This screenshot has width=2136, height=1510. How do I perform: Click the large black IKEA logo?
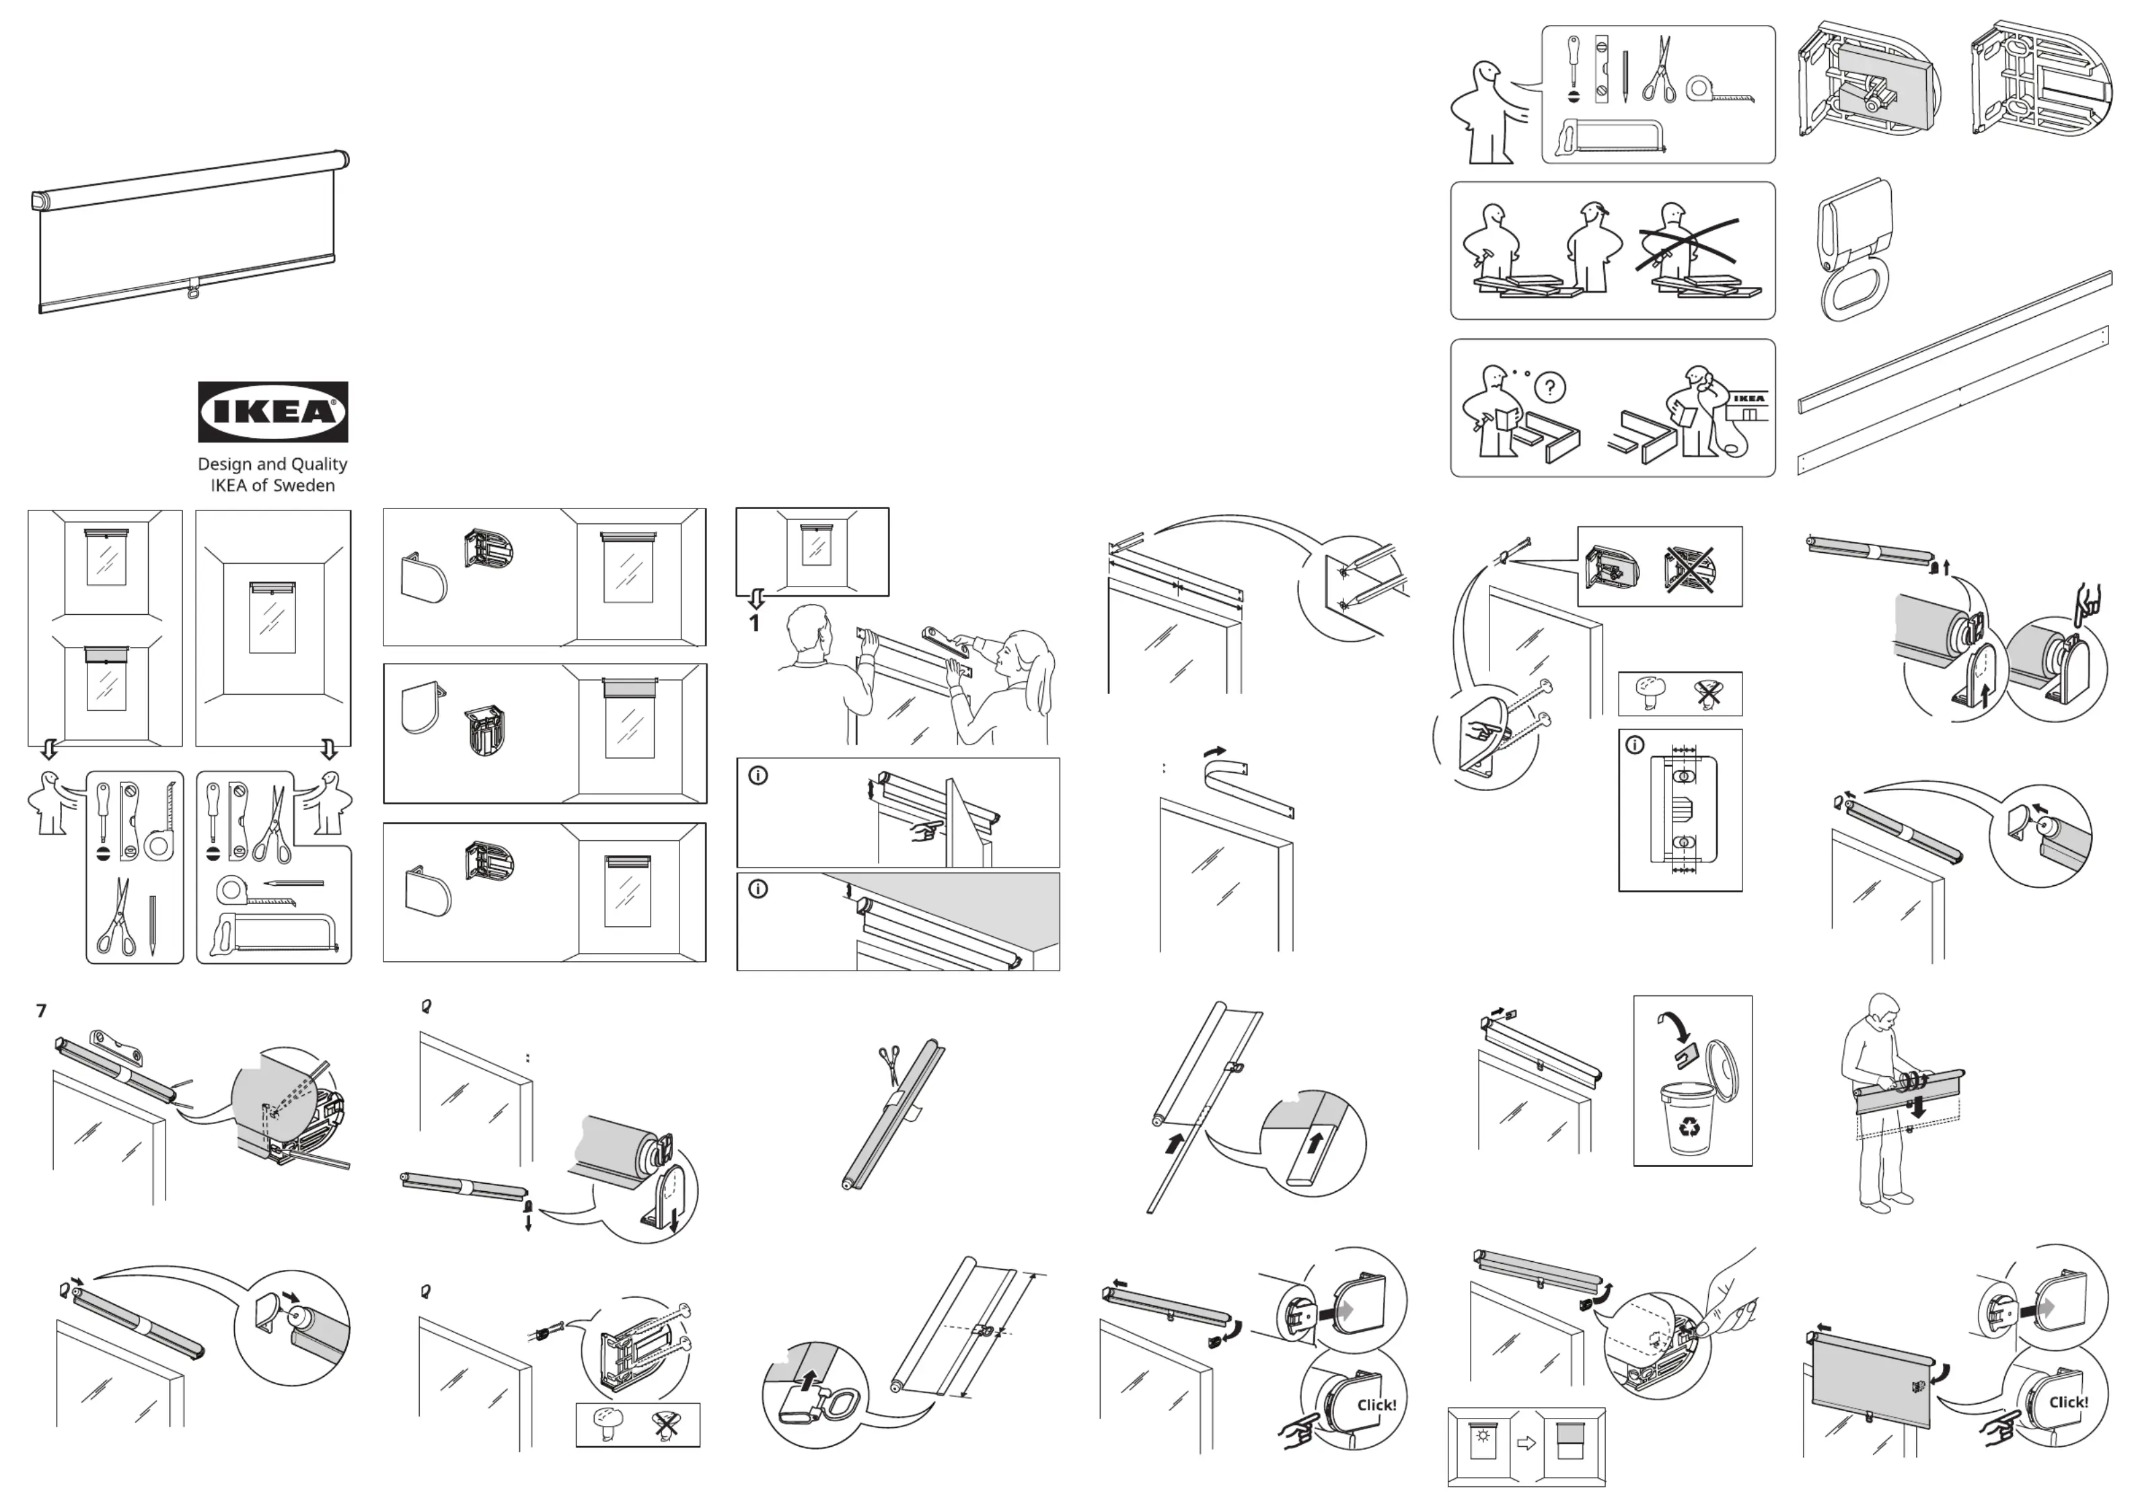(x=272, y=411)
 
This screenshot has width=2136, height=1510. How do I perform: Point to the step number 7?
(x=41, y=1010)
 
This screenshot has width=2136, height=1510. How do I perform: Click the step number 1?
(x=754, y=624)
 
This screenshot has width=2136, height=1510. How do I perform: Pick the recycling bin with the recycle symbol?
(x=1687, y=1119)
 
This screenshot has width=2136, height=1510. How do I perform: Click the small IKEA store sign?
(x=1749, y=398)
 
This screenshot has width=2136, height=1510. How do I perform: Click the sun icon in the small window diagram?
(x=1483, y=1435)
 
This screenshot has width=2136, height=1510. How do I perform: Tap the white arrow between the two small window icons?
(x=1526, y=1443)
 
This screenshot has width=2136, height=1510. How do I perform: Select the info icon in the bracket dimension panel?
(x=1635, y=745)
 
